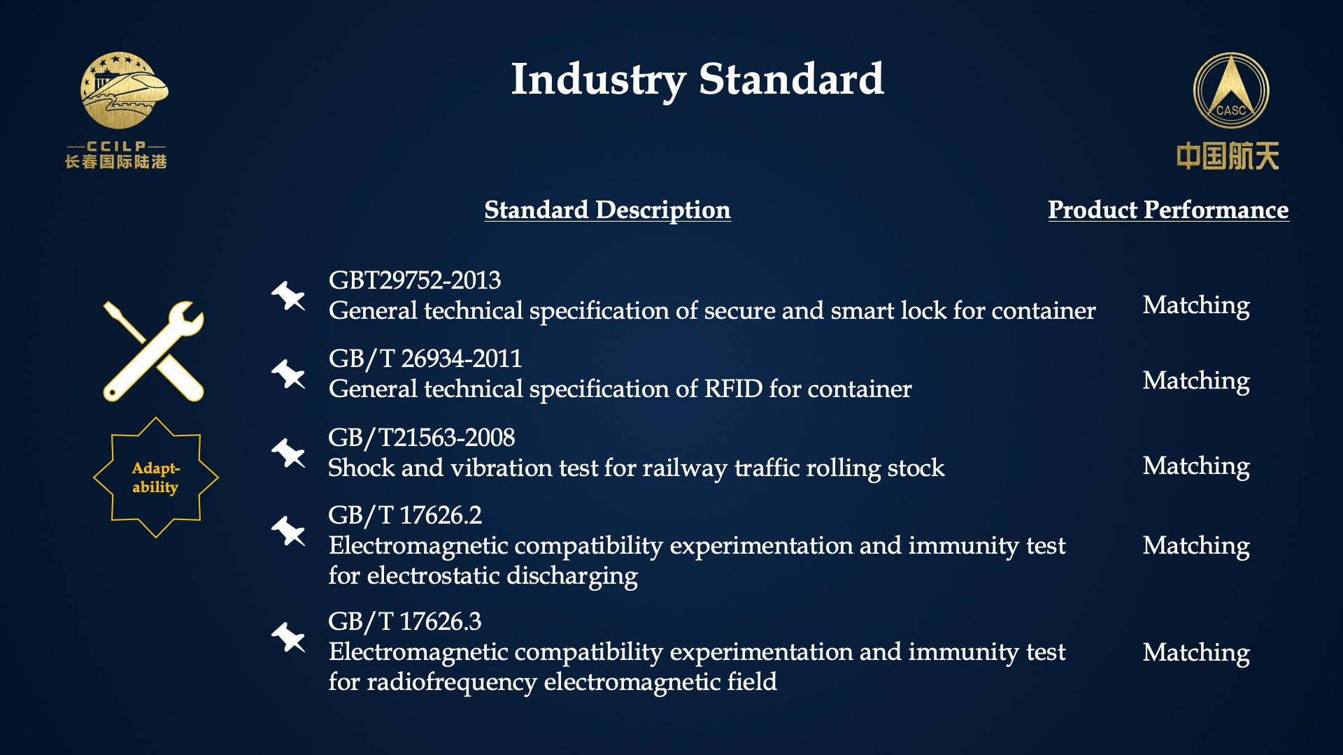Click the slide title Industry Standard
pyautogui.click(x=697, y=80)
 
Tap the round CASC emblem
pyautogui.click(x=1231, y=90)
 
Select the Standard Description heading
pyautogui.click(x=607, y=210)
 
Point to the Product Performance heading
pyautogui.click(x=1168, y=210)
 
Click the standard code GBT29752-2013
pyautogui.click(x=415, y=280)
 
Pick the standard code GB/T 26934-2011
pyautogui.click(x=425, y=359)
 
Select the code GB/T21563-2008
pyautogui.click(x=422, y=438)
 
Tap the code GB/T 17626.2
pyautogui.click(x=405, y=515)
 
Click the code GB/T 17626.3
pyautogui.click(x=405, y=621)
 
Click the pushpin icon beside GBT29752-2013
pyautogui.click(x=288, y=296)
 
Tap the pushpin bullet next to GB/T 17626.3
pyautogui.click(x=288, y=637)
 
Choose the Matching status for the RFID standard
pyautogui.click(x=1196, y=382)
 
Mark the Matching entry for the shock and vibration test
pyautogui.click(x=1196, y=467)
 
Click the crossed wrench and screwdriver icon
pyautogui.click(x=154, y=351)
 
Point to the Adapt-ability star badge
pyautogui.click(x=156, y=477)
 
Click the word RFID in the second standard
pyautogui.click(x=733, y=389)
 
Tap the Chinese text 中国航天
pyautogui.click(x=1228, y=156)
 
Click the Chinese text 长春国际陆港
pyautogui.click(x=116, y=162)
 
